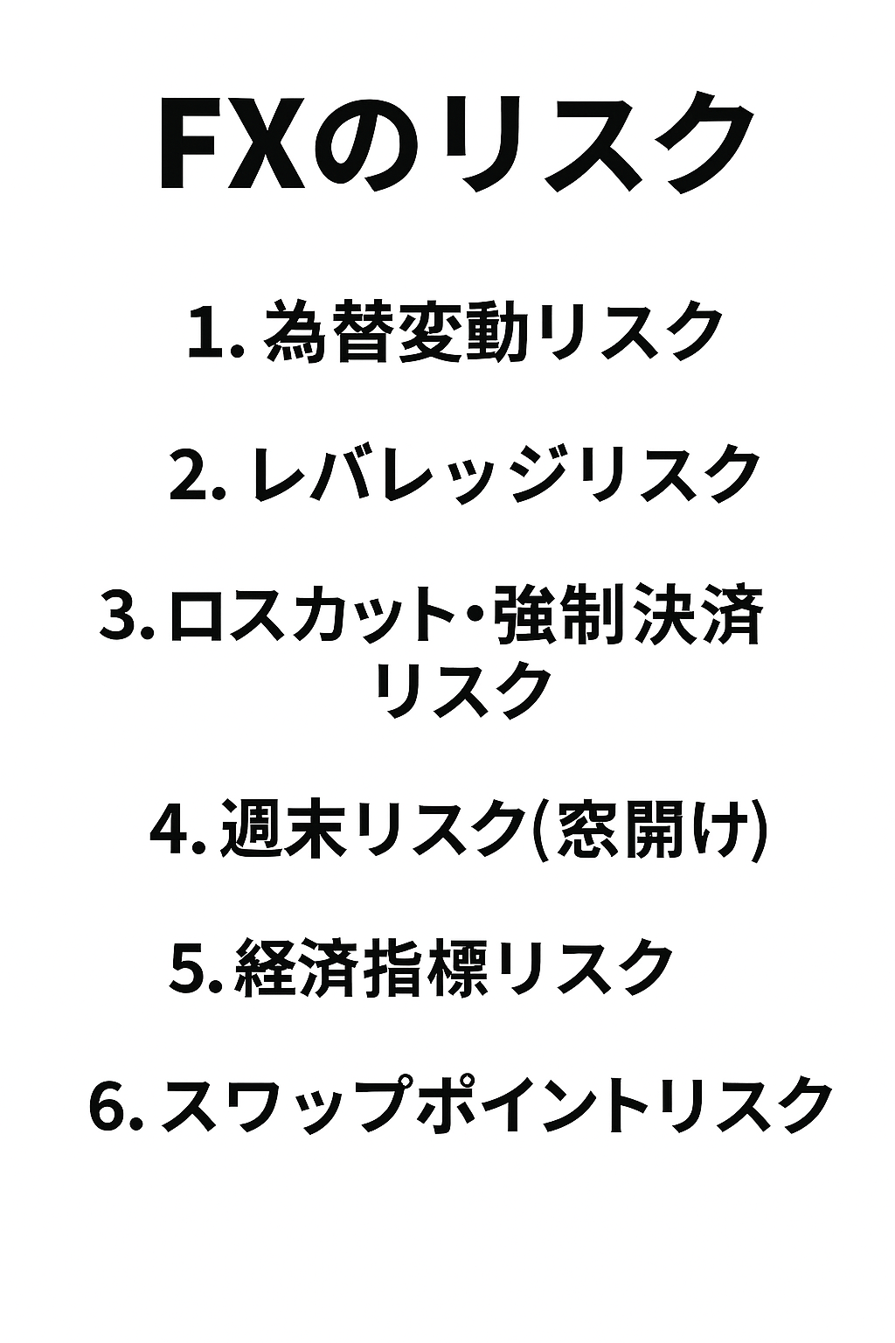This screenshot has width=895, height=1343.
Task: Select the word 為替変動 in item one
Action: [394, 333]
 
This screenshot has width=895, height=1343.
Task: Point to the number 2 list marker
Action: [190, 477]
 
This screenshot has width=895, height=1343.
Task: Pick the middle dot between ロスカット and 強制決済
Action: [480, 617]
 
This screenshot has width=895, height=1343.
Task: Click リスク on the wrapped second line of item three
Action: [462, 690]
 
